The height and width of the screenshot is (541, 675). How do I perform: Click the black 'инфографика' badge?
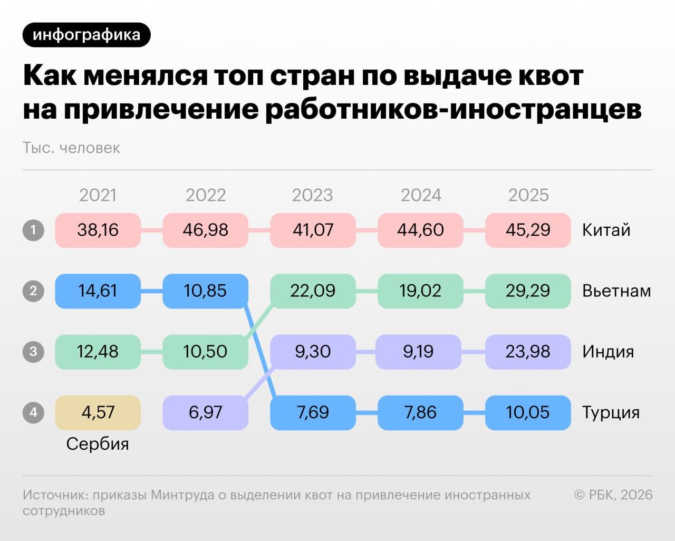point(86,35)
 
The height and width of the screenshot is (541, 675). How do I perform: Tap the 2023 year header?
point(312,195)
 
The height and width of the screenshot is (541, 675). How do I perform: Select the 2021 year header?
point(98,195)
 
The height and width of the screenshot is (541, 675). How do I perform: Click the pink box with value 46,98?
point(205,230)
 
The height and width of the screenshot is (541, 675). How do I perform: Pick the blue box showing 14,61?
point(98,291)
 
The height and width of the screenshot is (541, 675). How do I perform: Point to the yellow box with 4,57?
point(98,412)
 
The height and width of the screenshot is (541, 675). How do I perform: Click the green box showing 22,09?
point(313,291)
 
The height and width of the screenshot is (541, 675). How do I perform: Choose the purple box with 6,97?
point(205,412)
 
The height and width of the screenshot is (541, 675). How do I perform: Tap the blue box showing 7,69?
point(313,412)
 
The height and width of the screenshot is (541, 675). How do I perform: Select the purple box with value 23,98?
point(528,351)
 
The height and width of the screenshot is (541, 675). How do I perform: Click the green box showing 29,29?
point(528,291)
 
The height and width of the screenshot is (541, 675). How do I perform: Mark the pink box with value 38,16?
point(98,230)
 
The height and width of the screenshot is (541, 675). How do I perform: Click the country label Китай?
point(606,230)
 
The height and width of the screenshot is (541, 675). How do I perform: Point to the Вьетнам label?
point(616,291)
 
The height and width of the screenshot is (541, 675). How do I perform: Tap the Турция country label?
point(611,412)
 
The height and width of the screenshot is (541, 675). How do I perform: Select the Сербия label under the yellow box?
point(98,444)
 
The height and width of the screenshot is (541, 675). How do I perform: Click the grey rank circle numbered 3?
point(33,351)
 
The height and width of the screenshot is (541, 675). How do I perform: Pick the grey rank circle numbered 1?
point(33,230)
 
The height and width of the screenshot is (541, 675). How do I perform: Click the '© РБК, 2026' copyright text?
point(613,495)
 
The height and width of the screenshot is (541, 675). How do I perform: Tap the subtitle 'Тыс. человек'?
point(71,148)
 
